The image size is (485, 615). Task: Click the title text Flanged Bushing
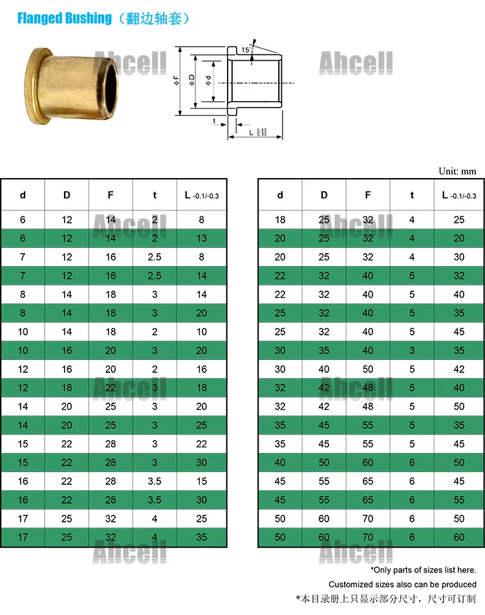point(64,18)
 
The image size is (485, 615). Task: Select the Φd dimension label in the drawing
point(208,80)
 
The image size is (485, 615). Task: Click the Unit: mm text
point(457,172)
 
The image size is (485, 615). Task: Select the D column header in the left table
point(67,195)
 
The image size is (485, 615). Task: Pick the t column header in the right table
point(412,195)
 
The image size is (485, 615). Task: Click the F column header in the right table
point(368,195)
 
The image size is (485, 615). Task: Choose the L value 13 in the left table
point(202,238)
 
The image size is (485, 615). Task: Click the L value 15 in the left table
point(202,482)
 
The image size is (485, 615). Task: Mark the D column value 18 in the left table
point(67,388)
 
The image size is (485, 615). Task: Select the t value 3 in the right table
point(412,351)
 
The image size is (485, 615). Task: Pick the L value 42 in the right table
point(459,370)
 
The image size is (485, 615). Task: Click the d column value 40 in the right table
point(280,463)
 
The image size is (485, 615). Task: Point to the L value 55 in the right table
point(459,500)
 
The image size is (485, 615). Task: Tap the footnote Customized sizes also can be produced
point(402,585)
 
